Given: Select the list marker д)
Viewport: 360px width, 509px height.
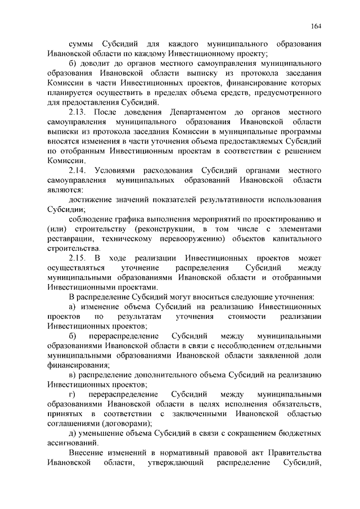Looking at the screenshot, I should (73, 433).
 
